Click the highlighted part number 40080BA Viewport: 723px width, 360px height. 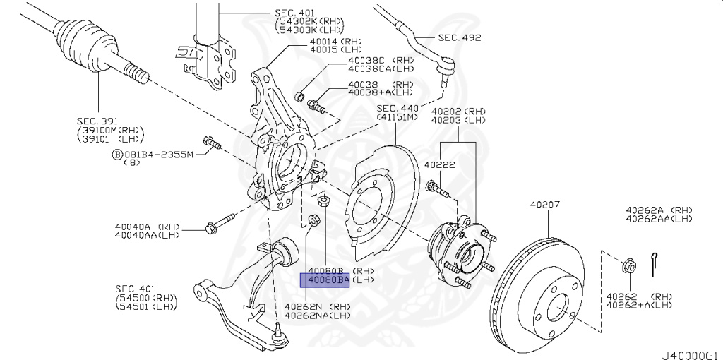point(325,281)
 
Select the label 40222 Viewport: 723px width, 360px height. point(438,164)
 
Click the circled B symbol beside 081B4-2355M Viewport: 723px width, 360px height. point(116,154)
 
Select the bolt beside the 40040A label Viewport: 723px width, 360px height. point(213,227)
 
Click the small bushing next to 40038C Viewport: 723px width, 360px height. point(299,95)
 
